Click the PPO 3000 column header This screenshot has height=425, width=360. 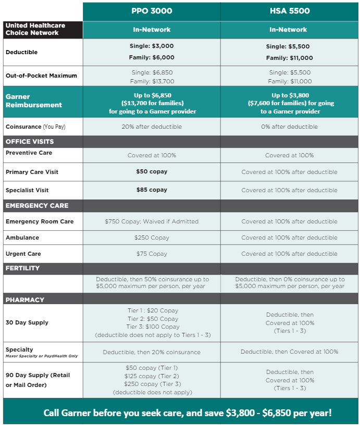click(x=152, y=11)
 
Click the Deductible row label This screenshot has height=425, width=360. click(x=21, y=52)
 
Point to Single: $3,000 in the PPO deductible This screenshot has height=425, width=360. click(x=152, y=46)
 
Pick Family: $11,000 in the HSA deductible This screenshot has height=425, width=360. click(x=290, y=58)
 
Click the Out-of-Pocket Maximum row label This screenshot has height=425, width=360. click(x=41, y=76)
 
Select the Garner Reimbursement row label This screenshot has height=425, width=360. click(x=33, y=101)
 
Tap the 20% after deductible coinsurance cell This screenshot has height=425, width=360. click(x=152, y=127)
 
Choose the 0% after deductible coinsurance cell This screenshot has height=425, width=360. click(x=290, y=127)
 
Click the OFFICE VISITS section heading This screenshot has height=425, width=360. click(x=30, y=142)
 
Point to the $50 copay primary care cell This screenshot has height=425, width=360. click(x=152, y=172)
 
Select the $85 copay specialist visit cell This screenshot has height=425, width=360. click(x=152, y=190)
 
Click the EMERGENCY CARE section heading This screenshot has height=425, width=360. click(x=37, y=206)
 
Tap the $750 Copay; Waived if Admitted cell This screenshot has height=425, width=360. click(x=152, y=221)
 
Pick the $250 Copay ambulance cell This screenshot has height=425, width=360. click(x=152, y=238)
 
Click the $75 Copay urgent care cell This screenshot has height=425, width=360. click(x=152, y=254)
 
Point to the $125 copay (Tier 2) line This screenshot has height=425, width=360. click(x=152, y=376)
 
